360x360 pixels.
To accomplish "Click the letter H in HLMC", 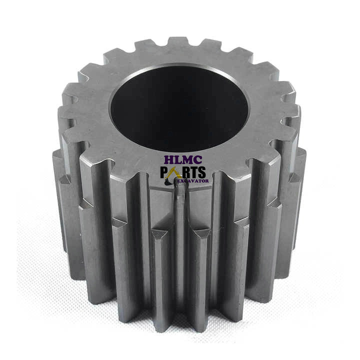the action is (x=169, y=160).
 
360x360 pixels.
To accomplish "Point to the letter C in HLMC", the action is (x=198, y=160).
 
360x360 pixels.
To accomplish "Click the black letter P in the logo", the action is (x=164, y=172).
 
